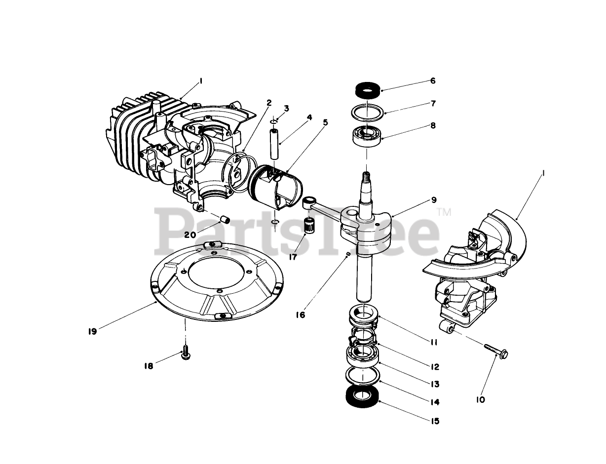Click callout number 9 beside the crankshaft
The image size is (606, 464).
point(433,200)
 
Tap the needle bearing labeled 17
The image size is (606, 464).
point(309,226)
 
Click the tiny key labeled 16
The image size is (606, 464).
point(349,254)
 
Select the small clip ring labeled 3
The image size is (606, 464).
point(274,121)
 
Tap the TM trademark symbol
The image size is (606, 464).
point(444,212)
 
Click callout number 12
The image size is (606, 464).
point(434,367)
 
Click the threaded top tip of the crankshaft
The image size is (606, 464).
point(366,175)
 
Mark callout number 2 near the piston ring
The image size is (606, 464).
point(269,103)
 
